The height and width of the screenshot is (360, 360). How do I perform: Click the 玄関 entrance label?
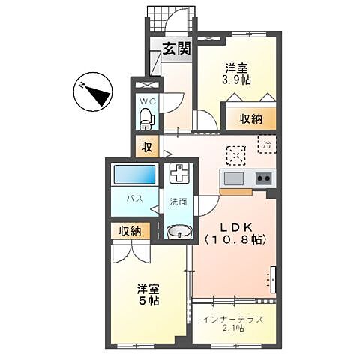click(177, 50)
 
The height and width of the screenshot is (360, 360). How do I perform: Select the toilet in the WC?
click(145, 115)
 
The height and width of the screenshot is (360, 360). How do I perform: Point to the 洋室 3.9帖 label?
click(236, 74)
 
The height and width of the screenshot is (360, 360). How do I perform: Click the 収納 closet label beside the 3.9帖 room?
click(250, 118)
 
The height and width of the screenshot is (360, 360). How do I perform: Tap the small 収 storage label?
click(146, 147)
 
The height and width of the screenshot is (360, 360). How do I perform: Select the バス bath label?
click(133, 199)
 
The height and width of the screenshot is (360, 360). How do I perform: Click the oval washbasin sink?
click(178, 231)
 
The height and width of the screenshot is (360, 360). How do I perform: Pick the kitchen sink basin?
click(233, 178)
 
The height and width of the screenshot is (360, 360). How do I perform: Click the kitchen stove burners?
click(263, 178)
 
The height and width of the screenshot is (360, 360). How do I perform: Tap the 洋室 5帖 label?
click(147, 294)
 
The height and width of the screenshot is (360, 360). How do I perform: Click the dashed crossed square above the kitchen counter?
click(236, 154)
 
